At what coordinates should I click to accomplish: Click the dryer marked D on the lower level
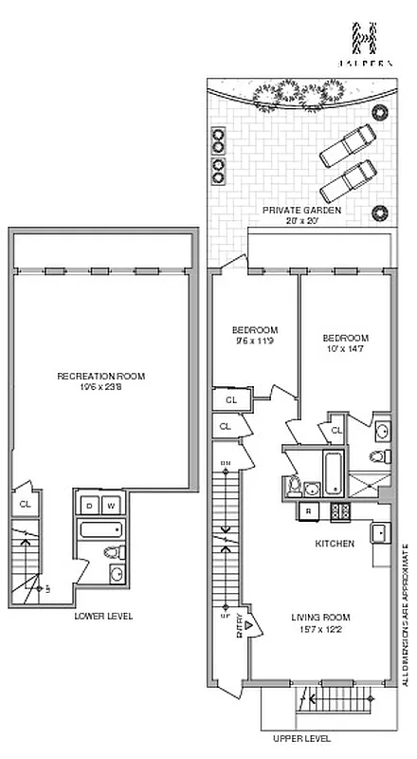pyautogui.click(x=90, y=505)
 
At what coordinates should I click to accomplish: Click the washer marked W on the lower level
pyautogui.click(x=111, y=505)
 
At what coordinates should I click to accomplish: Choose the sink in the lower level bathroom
pyautogui.click(x=116, y=574)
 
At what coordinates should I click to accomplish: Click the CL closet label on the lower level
pyautogui.click(x=26, y=505)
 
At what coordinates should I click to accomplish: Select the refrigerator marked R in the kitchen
pyautogui.click(x=309, y=513)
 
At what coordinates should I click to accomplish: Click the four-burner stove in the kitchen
pyautogui.click(x=337, y=512)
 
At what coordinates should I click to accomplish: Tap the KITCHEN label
pyautogui.click(x=335, y=544)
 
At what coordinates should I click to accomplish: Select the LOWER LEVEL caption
pyautogui.click(x=103, y=616)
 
